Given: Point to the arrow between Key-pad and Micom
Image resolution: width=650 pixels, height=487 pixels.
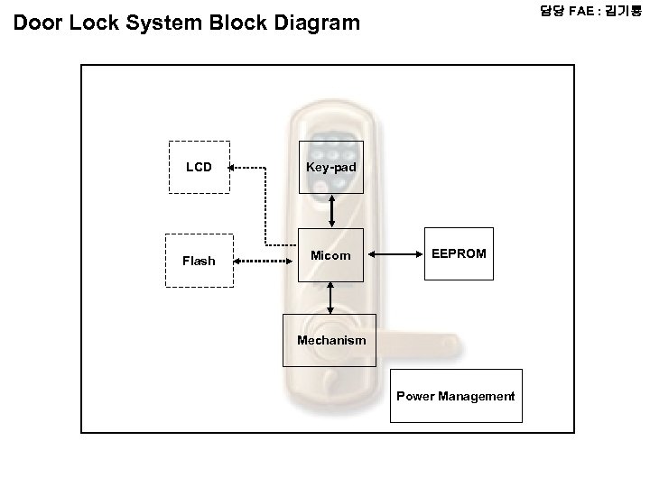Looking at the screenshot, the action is [x=331, y=211].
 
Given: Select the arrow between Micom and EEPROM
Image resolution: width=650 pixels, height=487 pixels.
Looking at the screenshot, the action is [x=395, y=254].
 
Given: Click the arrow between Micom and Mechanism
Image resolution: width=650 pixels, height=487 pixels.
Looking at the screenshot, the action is [x=330, y=298].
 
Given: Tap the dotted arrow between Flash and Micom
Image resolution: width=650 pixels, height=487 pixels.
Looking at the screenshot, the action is [x=263, y=261].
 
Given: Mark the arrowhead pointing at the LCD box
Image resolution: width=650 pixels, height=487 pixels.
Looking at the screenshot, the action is [x=231, y=168].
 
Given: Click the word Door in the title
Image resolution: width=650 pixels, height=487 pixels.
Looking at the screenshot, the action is [x=38, y=23].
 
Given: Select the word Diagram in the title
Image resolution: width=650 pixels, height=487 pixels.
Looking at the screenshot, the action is [x=317, y=23].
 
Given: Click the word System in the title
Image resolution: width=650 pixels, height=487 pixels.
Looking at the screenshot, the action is [x=163, y=23].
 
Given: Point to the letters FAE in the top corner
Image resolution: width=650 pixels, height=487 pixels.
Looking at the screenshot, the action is [x=581, y=11].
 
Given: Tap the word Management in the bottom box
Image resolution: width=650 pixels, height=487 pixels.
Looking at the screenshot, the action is [x=477, y=397].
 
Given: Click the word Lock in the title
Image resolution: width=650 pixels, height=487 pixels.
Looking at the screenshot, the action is [x=94, y=23].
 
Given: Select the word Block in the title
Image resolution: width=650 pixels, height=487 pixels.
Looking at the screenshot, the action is [x=238, y=23].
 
